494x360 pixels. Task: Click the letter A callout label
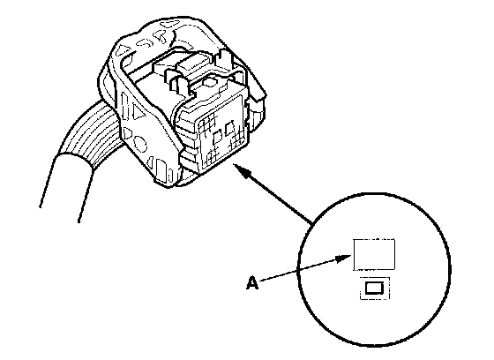point(252,282)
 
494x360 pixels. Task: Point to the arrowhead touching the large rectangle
point(343,259)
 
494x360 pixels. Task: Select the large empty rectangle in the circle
point(374,255)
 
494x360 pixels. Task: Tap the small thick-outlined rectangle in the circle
point(374,288)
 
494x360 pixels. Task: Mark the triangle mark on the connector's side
point(138,111)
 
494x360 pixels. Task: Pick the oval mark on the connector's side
point(140,144)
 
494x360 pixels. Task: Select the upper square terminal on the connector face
point(228,127)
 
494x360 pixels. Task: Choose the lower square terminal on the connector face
point(218,138)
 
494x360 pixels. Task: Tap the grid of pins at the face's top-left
point(206,123)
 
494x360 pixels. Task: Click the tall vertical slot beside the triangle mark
point(125,107)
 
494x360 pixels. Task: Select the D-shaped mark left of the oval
point(127,133)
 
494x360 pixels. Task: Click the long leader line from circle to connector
point(273,195)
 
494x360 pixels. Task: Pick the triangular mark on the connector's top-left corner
point(123,49)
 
